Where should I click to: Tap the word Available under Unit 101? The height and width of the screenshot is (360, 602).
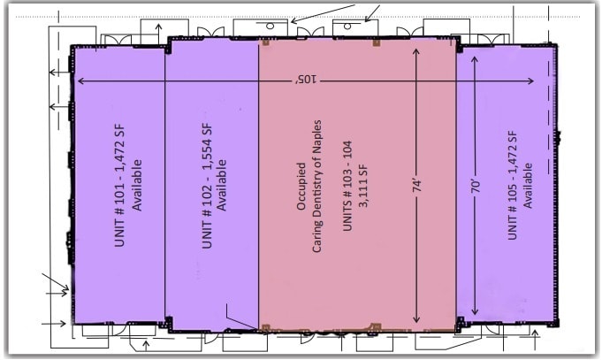tap(139, 188)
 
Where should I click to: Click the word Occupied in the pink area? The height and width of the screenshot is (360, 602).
tap(301, 186)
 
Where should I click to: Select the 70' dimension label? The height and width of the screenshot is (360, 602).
tap(476, 188)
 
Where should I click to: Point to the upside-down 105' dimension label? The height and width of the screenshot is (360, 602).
tap(306, 80)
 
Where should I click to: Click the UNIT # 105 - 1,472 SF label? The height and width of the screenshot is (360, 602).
tap(511, 185)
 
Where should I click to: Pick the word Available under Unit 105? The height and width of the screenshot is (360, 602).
tap(528, 185)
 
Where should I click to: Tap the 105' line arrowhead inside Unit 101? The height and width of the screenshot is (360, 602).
tap(81, 81)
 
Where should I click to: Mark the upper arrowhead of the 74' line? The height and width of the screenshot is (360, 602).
tap(416, 51)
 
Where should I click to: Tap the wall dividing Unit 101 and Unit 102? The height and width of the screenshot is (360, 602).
tap(165, 186)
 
